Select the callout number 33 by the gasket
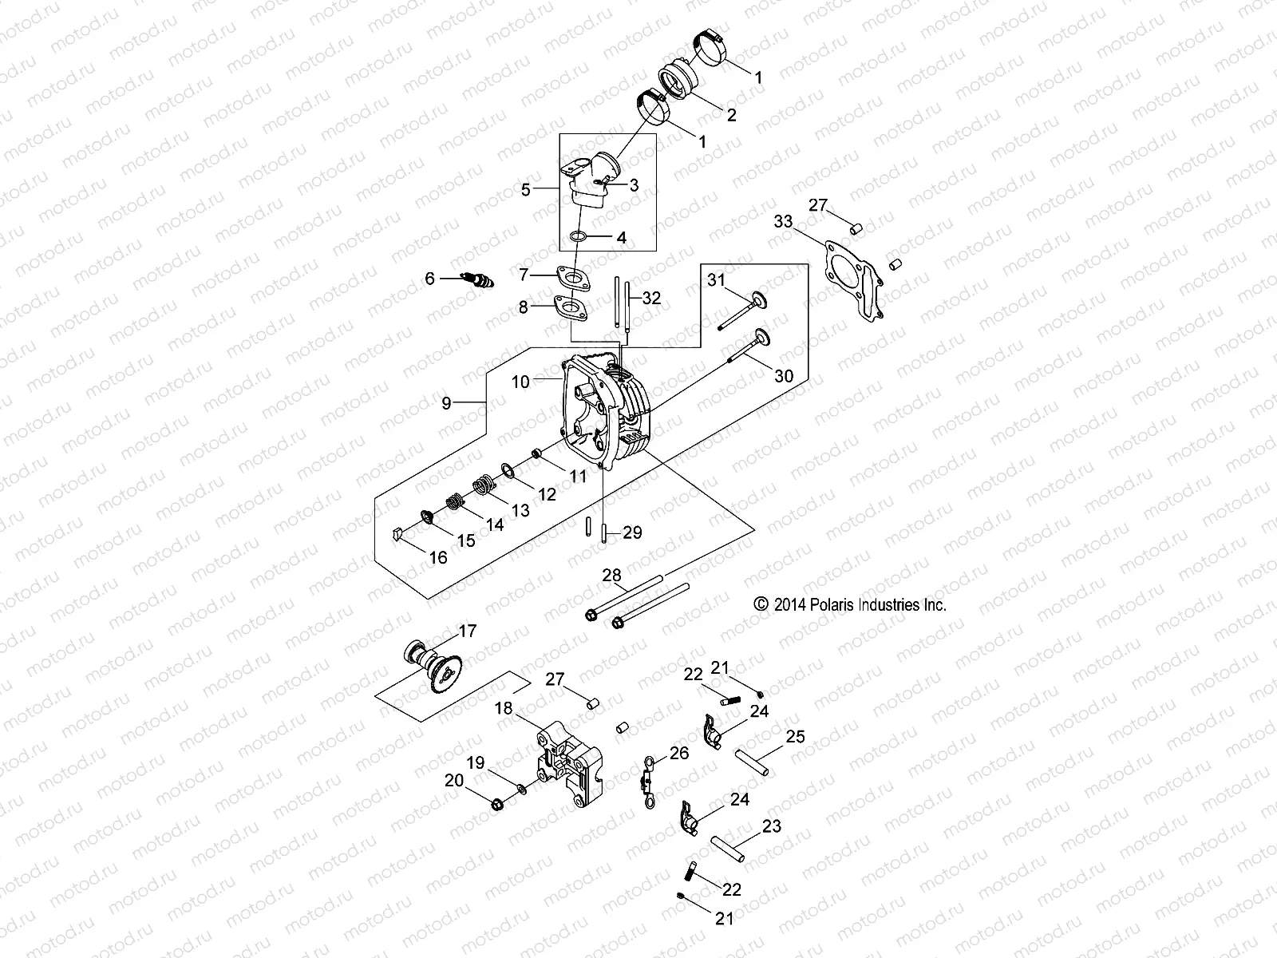point(783,221)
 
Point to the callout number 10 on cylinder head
point(520,382)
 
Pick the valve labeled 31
point(743,311)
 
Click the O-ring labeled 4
point(579,237)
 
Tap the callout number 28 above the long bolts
point(611,576)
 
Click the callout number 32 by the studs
point(651,299)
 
